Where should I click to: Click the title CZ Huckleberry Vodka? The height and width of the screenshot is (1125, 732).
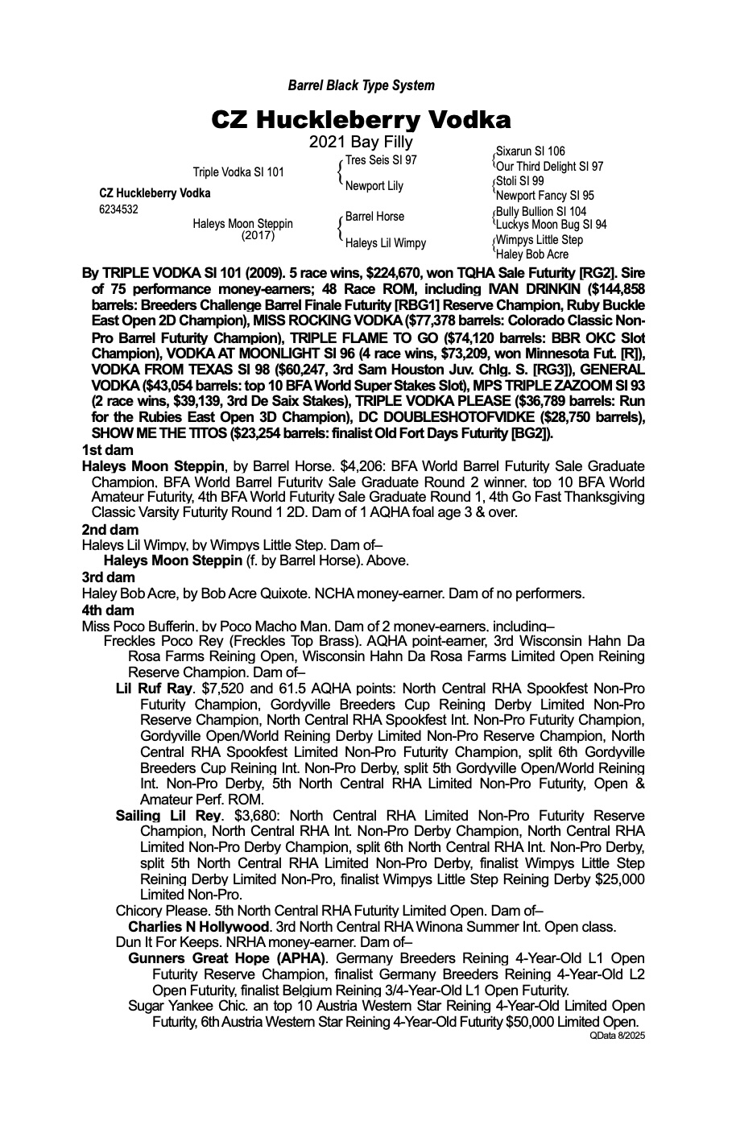coord(361,120)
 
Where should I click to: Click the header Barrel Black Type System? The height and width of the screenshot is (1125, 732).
coord(361,85)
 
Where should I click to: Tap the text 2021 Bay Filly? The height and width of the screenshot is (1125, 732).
coord(361,143)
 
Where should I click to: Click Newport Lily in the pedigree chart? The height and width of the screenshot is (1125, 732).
coord(374,186)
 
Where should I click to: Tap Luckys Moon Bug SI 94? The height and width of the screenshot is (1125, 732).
coord(551,225)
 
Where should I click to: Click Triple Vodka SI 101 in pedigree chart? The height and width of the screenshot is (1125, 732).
coord(238,172)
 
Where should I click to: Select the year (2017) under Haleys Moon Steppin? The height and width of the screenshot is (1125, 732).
coord(258,236)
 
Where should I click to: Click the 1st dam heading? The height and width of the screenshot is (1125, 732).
coord(108,451)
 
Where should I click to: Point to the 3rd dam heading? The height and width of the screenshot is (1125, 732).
coord(109,577)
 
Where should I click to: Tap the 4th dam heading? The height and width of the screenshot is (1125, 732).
coord(109,610)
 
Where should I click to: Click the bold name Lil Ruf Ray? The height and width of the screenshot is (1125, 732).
coord(155,689)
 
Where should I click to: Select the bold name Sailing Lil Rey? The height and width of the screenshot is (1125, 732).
coord(167,816)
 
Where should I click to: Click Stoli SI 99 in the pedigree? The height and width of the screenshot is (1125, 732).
coord(519,181)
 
